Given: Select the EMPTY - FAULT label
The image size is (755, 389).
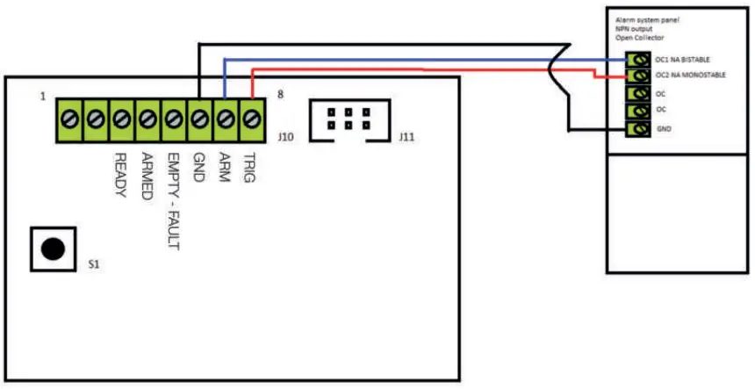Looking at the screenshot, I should [x=173, y=203].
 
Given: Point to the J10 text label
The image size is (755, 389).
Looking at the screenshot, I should [x=284, y=137].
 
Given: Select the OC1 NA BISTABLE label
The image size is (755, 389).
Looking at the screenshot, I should [x=682, y=60].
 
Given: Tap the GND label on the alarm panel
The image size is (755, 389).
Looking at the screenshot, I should [x=664, y=128].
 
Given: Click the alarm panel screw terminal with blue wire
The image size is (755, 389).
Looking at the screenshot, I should [x=638, y=60].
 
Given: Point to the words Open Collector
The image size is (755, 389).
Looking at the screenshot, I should [x=639, y=38].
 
